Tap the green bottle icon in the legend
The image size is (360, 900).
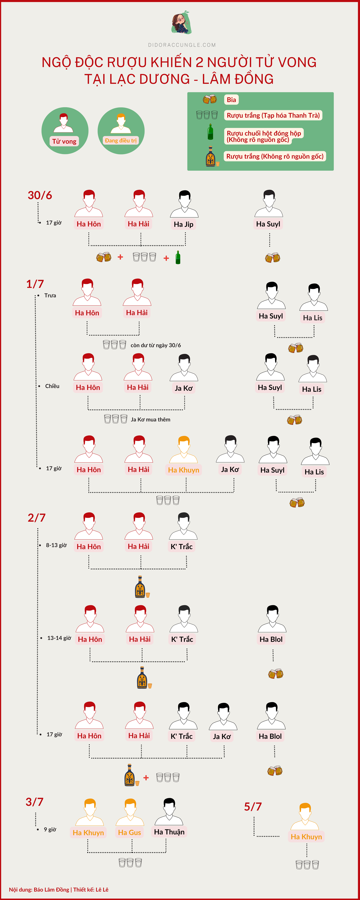[x=210, y=132]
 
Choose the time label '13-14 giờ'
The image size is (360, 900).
[x=59, y=638]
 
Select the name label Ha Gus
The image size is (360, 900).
[x=129, y=833]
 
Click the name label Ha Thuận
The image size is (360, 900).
[x=169, y=832]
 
